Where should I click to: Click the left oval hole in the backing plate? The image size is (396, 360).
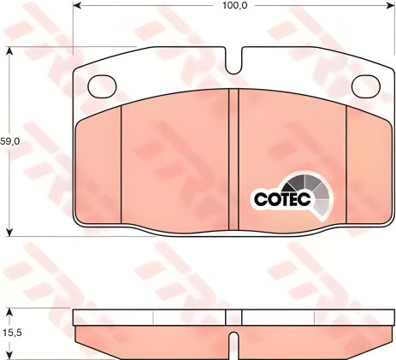click(103, 86)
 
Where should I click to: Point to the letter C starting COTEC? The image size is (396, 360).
click(260, 198)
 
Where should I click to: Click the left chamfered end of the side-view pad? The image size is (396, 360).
click(80, 335)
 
